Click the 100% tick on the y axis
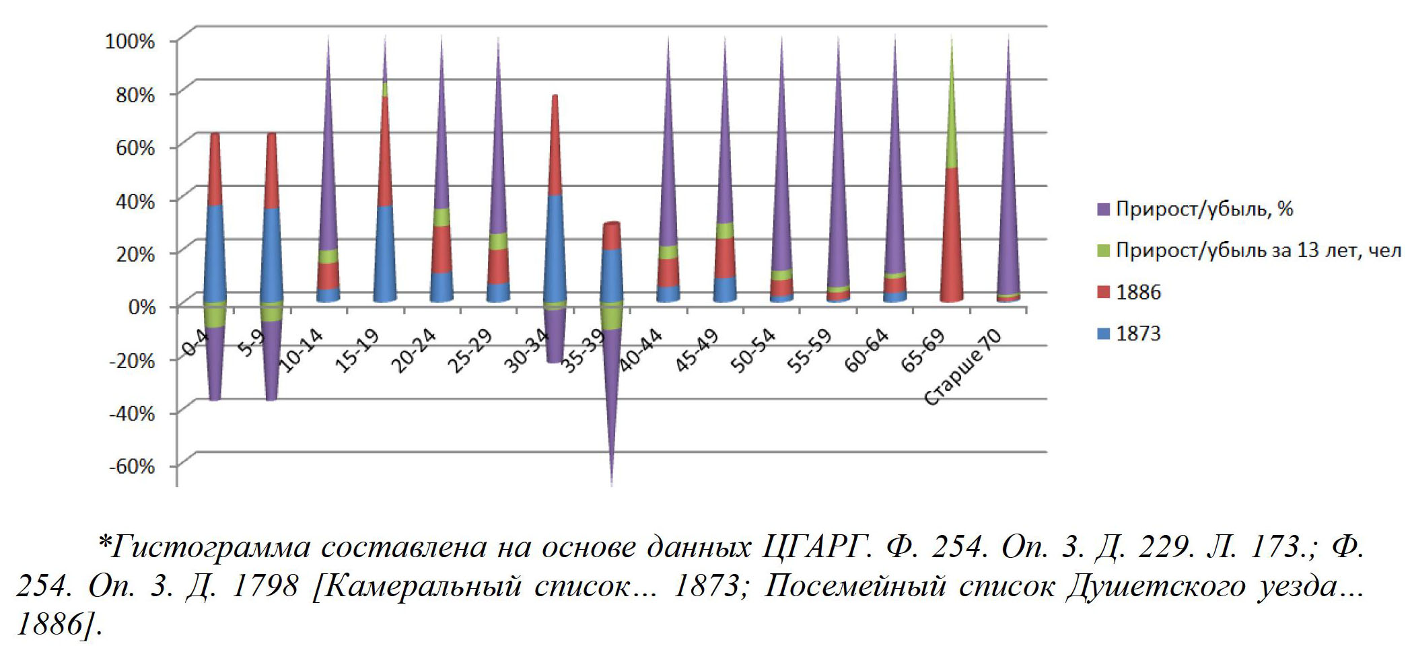(130, 40)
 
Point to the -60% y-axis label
(131, 466)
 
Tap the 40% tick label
(135, 201)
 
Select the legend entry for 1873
(1138, 334)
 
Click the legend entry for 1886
(1138, 292)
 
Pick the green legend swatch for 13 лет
(1103, 251)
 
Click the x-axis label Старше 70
(963, 368)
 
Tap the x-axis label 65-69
(923, 351)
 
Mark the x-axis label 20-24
(414, 351)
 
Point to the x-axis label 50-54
(753, 351)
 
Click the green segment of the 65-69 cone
(951, 121)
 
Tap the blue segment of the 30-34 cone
(555, 249)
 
